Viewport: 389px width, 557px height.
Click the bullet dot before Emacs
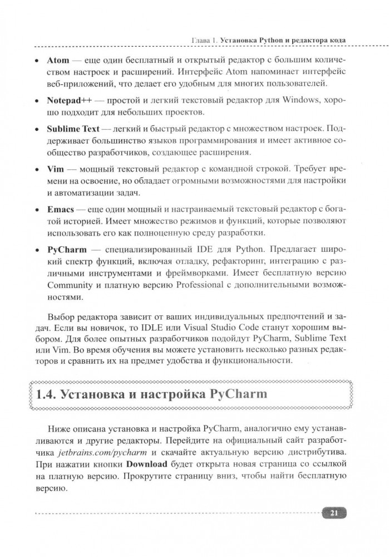(x=36, y=209)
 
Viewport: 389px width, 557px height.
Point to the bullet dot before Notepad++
(x=36, y=102)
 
